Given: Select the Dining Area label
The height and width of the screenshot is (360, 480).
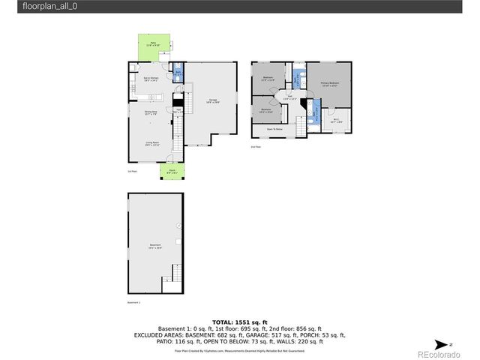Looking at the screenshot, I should (x=151, y=112).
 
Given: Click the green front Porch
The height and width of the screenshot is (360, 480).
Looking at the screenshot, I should (x=171, y=172).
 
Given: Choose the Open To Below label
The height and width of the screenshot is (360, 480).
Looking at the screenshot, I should (x=275, y=130).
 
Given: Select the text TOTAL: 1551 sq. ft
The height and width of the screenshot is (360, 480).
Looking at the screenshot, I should (x=240, y=322).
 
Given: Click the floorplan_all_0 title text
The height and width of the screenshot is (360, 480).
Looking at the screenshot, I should (x=49, y=6).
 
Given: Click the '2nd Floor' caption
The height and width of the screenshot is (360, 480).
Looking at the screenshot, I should (x=256, y=147).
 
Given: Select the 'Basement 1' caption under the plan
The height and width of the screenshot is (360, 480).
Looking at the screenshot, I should (x=133, y=303).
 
